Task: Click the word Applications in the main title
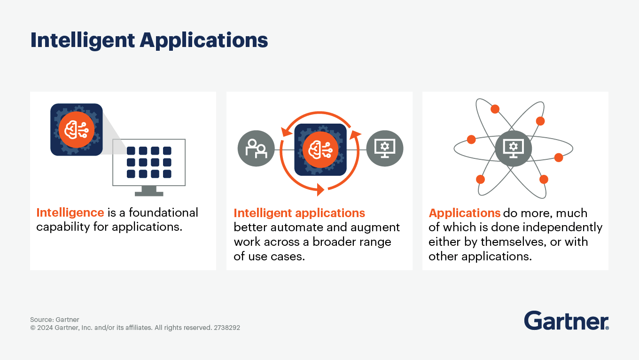tap(204, 41)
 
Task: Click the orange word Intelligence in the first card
tap(70, 212)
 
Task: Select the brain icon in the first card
tap(76, 130)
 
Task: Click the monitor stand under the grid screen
tap(148, 191)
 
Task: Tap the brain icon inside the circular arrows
tap(320, 149)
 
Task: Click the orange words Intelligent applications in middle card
tap(299, 213)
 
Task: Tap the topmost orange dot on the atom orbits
tap(495, 109)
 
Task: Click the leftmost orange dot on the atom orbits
tap(471, 140)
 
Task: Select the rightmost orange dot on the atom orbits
tap(559, 157)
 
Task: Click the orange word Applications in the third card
tap(464, 213)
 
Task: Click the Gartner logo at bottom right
tap(566, 321)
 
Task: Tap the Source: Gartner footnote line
tap(55, 320)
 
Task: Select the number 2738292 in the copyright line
tap(227, 328)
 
